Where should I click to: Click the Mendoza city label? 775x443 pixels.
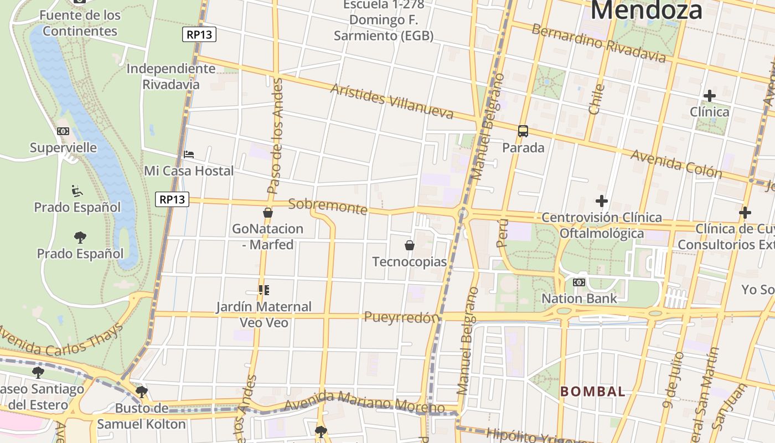pos(647,10)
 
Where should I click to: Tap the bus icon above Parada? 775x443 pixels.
pos(523,131)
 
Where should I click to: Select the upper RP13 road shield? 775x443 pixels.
pos(199,34)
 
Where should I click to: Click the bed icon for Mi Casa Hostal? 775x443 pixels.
pos(189,154)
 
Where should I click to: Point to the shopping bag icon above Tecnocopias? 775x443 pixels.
pos(410,245)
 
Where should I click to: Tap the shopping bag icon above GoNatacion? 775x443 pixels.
pos(268,212)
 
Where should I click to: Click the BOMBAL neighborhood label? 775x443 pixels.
pos(593,392)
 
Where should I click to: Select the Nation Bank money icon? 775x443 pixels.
pos(579,282)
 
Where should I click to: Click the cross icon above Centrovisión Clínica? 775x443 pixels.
pos(602,200)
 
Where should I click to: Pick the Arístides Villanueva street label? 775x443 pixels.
pos(392,101)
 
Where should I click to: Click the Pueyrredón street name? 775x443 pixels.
pos(402,317)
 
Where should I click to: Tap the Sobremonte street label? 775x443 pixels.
pos(328,206)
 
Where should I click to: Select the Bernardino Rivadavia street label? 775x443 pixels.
pos(599,43)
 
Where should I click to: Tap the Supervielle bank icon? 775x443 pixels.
pos(63,131)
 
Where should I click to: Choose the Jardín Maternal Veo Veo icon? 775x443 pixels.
pos(264,290)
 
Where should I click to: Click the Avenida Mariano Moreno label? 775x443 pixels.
pos(364,403)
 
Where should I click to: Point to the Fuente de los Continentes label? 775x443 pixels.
pos(80,23)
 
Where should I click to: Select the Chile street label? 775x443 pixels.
pos(596,99)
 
